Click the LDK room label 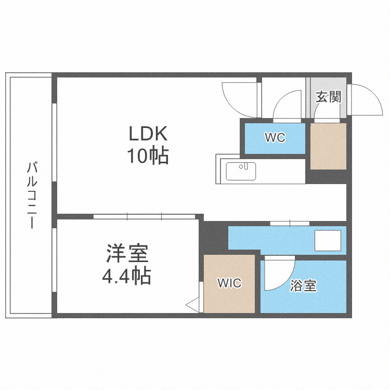pyautogui.click(x=148, y=134)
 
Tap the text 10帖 pyautogui.click(x=148, y=155)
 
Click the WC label pyautogui.click(x=275, y=138)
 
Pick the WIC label pyautogui.click(x=229, y=283)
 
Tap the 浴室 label pyautogui.click(x=304, y=285)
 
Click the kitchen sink pyautogui.click(x=241, y=171)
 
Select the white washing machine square pyautogui.click(x=328, y=240)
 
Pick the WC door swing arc pyautogui.click(x=287, y=104)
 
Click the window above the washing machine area pyautogui.click(x=290, y=224)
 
